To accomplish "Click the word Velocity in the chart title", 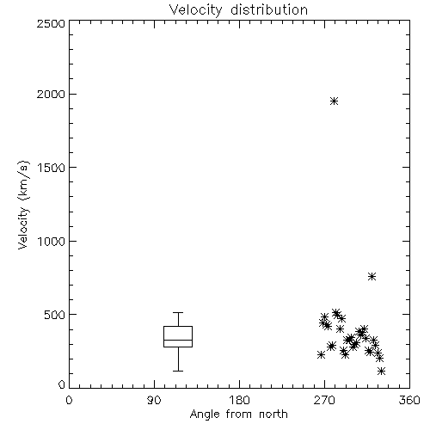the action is point(195,10).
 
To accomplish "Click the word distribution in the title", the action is point(269,9).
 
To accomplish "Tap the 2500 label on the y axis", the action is point(51,23).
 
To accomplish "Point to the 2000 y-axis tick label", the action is point(51,94).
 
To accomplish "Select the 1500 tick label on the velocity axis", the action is point(52,168).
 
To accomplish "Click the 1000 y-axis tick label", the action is point(52,242).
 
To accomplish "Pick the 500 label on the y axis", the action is point(54,315).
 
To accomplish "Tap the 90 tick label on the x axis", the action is point(154,400).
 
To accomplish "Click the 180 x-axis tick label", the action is point(239,400).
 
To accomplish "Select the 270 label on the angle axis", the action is point(324,400).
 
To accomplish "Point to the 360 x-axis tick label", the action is point(409,400).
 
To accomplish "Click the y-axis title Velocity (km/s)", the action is point(23,205).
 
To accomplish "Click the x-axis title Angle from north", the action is point(238,415).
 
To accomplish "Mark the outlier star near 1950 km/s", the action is point(334,101).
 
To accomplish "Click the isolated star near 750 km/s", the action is point(372,276).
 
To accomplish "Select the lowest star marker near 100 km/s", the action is point(381,371).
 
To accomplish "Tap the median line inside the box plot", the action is point(178,340).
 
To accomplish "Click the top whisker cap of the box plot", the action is point(178,312).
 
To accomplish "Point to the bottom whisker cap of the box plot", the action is point(178,371).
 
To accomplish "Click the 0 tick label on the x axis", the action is point(69,400).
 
